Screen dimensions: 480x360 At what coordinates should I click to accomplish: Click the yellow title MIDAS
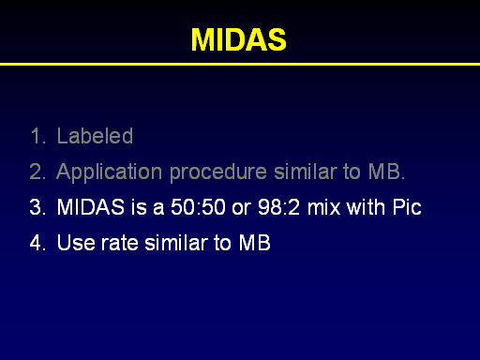239,39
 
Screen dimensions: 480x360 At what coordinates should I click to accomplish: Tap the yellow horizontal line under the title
240,64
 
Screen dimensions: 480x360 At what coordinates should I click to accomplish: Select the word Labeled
95,136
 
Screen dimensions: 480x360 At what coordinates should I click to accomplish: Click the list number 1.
37,136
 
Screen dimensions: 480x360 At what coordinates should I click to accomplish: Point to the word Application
109,172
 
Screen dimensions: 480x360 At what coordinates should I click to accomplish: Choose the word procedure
218,172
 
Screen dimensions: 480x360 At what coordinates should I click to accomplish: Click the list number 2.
37,172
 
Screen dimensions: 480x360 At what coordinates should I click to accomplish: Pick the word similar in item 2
305,172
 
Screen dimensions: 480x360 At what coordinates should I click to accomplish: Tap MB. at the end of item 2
386,172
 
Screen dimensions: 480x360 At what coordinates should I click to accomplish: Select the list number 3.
37,207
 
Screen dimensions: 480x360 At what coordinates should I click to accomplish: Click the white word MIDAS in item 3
91,207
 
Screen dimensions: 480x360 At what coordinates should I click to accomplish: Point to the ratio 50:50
198,207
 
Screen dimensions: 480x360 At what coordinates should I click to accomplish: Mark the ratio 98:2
278,207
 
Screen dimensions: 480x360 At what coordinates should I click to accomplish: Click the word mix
323,207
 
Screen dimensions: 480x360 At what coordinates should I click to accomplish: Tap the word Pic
407,207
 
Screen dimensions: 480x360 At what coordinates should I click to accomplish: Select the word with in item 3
367,207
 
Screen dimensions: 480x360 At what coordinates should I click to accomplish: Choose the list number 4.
37,243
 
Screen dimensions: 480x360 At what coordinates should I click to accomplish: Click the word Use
76,243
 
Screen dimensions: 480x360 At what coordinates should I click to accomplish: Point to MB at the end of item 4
255,243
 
